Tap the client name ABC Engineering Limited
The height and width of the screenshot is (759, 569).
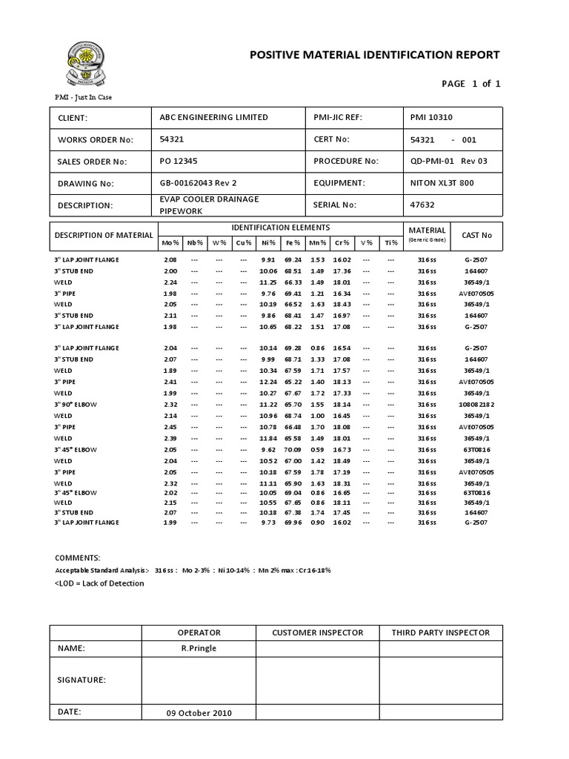click(214, 117)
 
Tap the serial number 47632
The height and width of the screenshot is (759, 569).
click(422, 205)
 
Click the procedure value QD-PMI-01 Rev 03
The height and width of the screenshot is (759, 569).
click(449, 161)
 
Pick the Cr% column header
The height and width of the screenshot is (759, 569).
click(342, 242)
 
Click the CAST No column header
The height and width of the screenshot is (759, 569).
click(476, 235)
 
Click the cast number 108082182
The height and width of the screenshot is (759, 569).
click(476, 404)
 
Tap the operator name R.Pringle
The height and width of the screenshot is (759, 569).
click(199, 648)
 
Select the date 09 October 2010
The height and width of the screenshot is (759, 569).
click(199, 712)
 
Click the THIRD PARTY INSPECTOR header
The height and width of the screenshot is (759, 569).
click(441, 632)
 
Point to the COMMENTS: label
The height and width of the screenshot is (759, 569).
click(78, 557)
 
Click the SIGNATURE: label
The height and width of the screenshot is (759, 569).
click(81, 680)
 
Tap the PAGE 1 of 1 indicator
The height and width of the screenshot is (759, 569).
click(471, 84)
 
